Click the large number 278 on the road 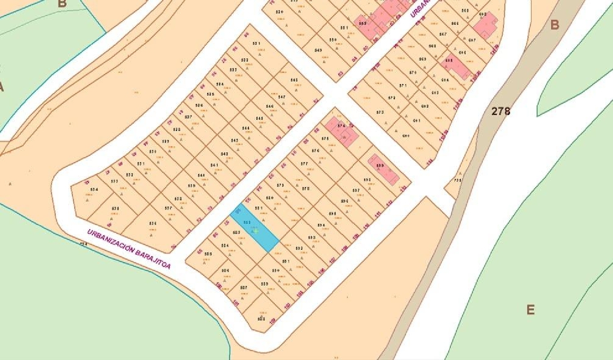[x=501, y=111]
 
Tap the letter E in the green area [x=530, y=310]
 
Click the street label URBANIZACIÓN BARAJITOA [x=129, y=249]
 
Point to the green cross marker [x=256, y=231]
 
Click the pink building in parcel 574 [x=342, y=131]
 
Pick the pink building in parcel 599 [x=383, y=169]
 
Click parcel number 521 [x=256, y=43]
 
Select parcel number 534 [x=94, y=190]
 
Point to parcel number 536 [x=153, y=224]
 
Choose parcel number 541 [x=214, y=165]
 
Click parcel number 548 [x=294, y=80]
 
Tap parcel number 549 [x=318, y=50]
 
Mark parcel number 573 [x=380, y=112]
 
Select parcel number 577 [x=304, y=163]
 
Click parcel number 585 [x=208, y=253]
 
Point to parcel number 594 [x=321, y=225]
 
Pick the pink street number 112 [x=389, y=203]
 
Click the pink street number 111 [x=377, y=214]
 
